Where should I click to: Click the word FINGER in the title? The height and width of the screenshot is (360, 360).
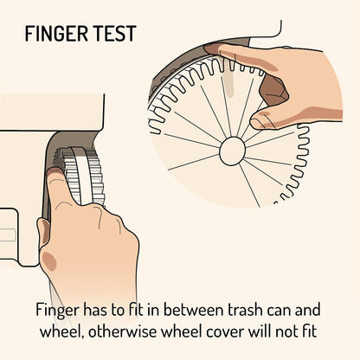56,34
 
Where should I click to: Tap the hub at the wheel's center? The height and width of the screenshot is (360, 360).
232,151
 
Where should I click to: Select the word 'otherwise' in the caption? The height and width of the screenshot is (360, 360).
122,331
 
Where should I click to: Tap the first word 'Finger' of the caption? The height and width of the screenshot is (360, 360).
57,311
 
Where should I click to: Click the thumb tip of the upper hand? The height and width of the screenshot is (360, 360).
258,120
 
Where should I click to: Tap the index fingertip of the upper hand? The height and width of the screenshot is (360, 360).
212,49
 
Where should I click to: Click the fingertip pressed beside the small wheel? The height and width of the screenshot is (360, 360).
55,176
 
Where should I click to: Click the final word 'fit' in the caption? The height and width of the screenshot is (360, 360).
310,331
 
